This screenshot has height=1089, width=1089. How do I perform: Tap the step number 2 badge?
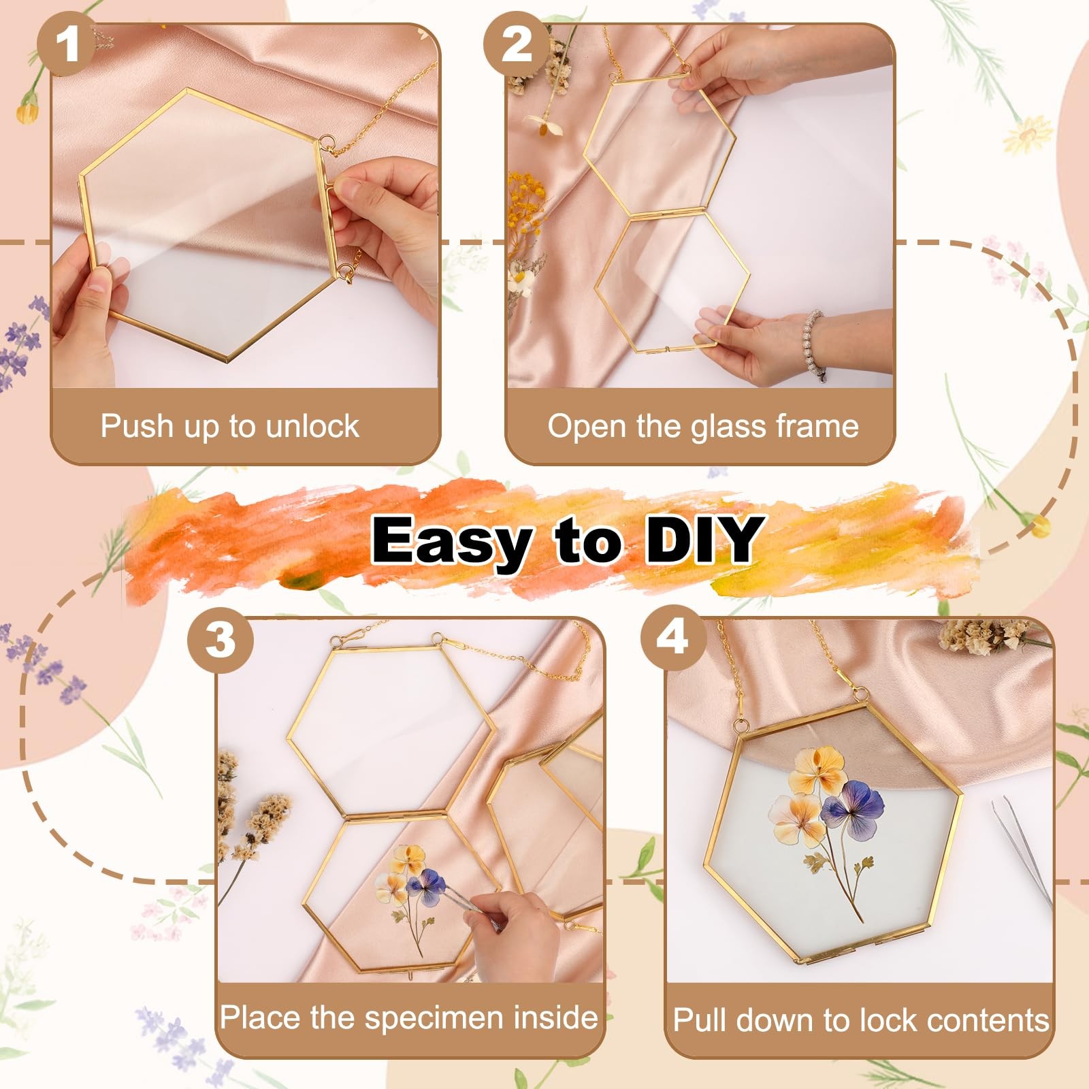click(x=517, y=46)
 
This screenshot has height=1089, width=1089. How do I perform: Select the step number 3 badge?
click(x=220, y=640)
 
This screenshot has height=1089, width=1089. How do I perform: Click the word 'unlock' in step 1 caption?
click(x=312, y=426)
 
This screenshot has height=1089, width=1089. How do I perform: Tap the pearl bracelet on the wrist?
click(x=815, y=344)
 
